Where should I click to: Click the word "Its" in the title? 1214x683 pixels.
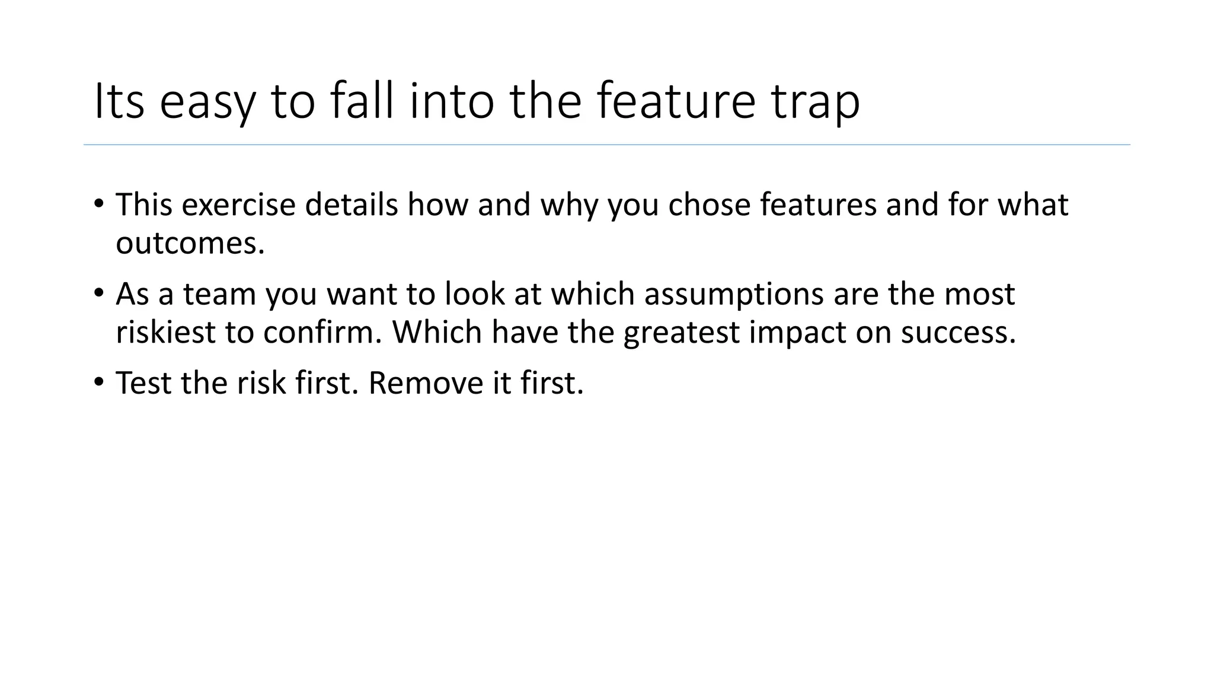119,101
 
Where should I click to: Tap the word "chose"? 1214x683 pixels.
710,205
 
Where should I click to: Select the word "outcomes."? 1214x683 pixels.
190,243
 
